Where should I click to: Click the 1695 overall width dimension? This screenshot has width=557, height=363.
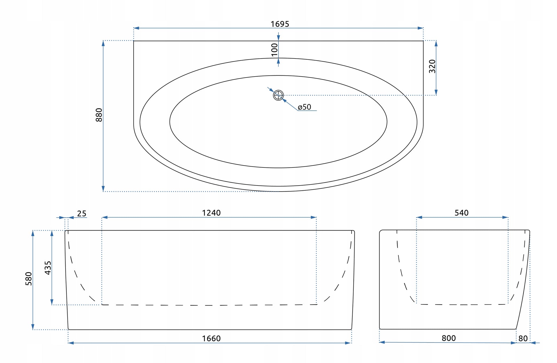[280, 24]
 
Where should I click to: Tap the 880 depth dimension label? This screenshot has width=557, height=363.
[99, 115]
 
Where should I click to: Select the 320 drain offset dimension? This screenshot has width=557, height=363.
[432, 66]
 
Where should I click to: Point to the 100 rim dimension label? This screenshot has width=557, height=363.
[274, 50]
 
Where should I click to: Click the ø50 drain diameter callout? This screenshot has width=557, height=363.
[304, 107]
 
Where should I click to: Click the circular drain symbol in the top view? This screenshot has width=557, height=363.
[278, 95]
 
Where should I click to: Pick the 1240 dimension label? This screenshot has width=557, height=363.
[211, 213]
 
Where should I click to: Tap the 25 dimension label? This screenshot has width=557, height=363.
[82, 214]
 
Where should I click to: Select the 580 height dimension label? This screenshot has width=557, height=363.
[29, 279]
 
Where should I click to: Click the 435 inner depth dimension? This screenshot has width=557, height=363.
[48, 268]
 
